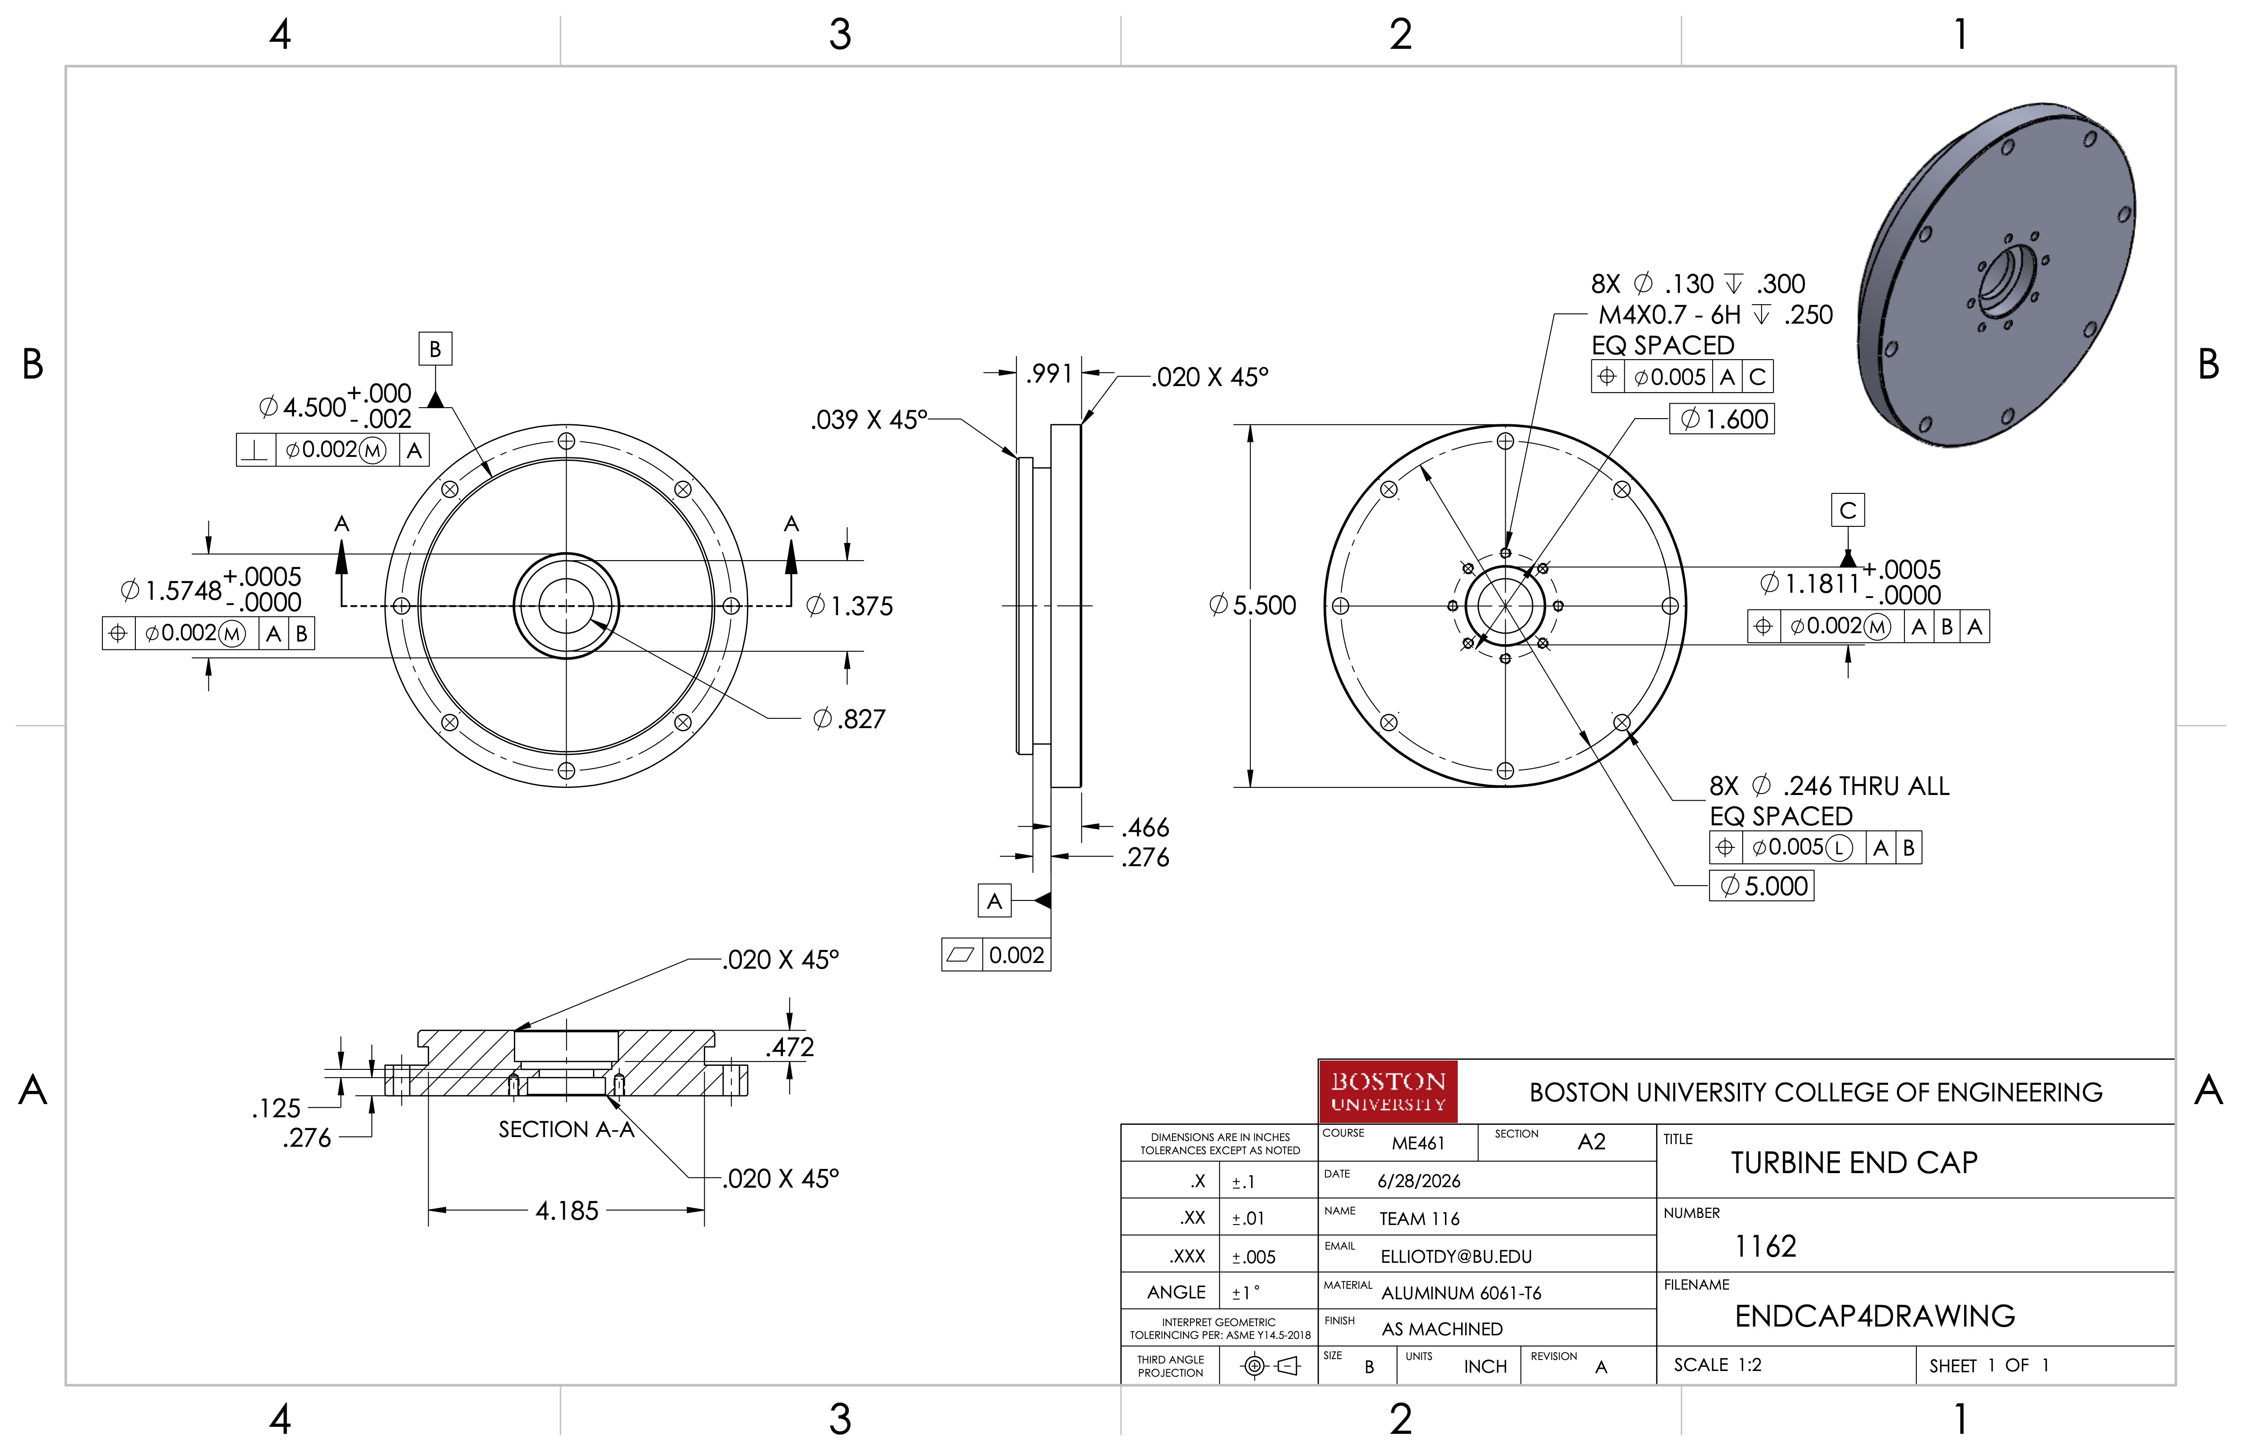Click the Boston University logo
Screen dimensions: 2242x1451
[1387, 1091]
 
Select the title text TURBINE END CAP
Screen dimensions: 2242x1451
[1854, 1163]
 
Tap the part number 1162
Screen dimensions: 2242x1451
[1765, 1247]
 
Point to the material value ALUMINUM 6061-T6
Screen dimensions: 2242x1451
[1461, 1293]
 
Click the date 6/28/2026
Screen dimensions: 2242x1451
[1419, 1181]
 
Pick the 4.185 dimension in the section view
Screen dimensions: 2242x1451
[567, 1211]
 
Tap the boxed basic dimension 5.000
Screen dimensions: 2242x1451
[1762, 886]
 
